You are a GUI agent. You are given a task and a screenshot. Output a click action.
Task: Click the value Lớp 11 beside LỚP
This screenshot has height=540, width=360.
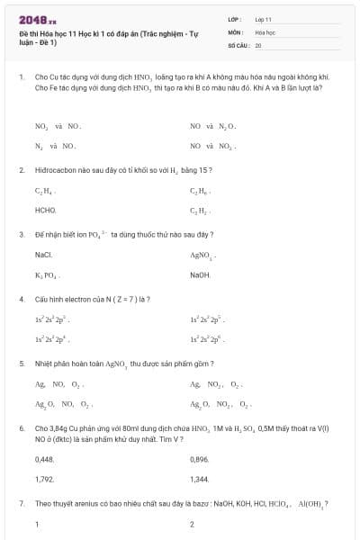(x=264, y=19)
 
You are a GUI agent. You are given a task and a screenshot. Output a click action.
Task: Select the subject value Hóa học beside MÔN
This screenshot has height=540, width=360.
(x=265, y=31)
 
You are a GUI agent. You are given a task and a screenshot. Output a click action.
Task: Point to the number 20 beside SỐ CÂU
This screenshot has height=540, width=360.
(x=258, y=44)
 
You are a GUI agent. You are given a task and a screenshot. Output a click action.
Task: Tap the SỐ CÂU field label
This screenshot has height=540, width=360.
(x=238, y=44)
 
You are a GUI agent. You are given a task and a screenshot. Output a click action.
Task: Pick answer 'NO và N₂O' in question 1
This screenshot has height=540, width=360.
(x=212, y=127)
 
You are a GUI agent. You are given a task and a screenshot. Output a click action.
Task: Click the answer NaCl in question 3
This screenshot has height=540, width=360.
(x=43, y=256)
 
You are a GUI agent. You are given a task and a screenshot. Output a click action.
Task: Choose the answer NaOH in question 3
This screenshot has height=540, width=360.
(x=200, y=274)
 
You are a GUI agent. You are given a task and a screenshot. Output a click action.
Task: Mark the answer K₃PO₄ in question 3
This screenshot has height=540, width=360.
(x=47, y=274)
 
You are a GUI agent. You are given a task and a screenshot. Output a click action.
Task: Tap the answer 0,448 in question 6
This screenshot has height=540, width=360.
(x=44, y=460)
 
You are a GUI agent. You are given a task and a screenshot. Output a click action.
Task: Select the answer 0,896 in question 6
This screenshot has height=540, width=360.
(x=200, y=460)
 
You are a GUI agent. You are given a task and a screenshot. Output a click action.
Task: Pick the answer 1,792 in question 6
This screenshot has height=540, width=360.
(x=44, y=479)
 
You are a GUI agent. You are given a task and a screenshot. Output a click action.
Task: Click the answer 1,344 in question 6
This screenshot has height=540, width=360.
(x=200, y=479)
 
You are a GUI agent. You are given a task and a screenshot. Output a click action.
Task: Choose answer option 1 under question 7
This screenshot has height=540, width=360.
(x=37, y=524)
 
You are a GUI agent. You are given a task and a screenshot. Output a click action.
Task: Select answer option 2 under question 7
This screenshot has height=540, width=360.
(x=193, y=524)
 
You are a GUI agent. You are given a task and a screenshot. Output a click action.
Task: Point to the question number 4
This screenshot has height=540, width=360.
(x=22, y=299)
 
